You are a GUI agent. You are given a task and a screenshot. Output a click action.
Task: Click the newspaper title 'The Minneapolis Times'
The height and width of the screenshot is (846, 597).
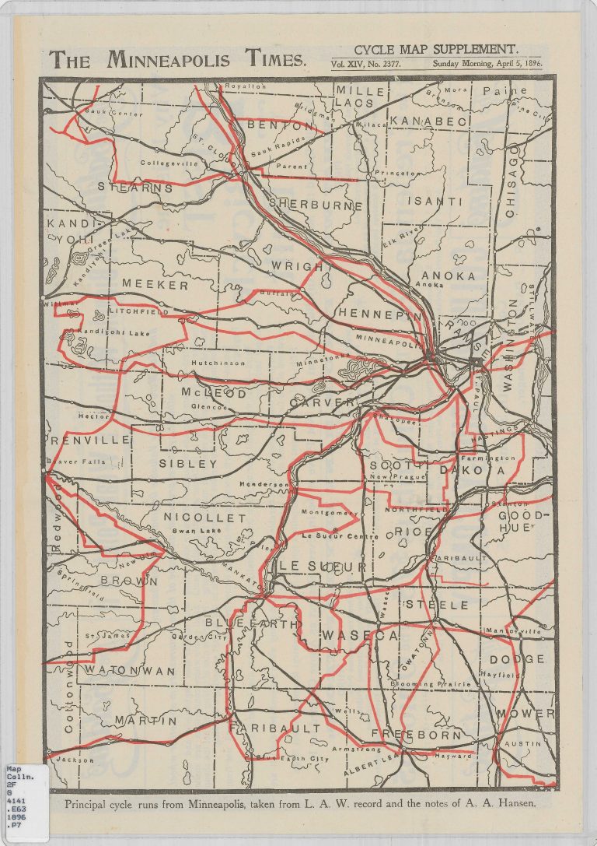[x=178, y=59]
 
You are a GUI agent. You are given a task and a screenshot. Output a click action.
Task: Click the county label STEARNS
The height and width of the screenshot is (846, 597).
[x=135, y=187]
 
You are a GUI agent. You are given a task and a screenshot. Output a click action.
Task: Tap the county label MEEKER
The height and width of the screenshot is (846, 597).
[x=155, y=286]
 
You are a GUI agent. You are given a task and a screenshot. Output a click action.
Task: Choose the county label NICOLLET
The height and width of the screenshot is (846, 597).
[x=204, y=518]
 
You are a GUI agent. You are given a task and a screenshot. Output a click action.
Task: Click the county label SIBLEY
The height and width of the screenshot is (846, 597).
[x=188, y=464]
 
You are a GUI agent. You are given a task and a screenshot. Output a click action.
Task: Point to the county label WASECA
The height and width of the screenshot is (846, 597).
[x=361, y=635]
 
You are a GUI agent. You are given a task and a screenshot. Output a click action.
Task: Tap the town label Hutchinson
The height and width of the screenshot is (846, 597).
[x=218, y=363]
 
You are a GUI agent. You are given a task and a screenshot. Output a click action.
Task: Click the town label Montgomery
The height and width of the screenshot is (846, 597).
[x=327, y=513]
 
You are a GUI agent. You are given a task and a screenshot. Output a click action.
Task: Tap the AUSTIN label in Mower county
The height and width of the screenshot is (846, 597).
[x=522, y=743]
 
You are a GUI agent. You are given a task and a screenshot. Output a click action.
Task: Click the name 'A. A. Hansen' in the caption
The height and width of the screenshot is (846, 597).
[x=502, y=804]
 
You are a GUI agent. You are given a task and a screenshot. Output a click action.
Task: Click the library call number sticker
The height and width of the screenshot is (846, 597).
[x=24, y=802]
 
